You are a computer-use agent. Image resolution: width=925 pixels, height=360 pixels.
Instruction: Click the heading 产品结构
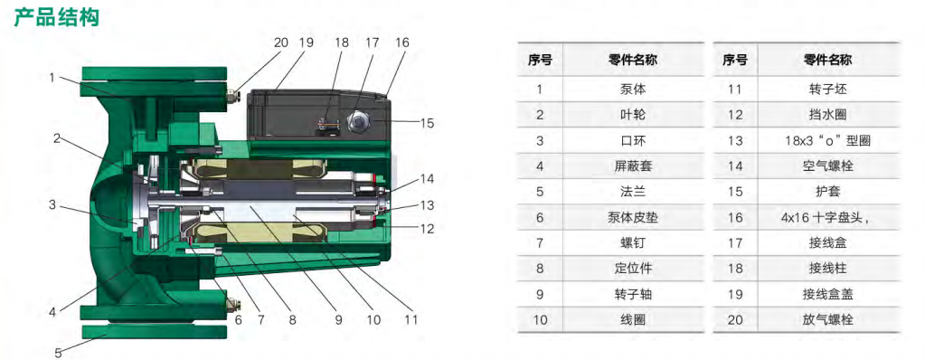point(57,17)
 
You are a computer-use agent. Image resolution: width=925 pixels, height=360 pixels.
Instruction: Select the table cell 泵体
point(633,90)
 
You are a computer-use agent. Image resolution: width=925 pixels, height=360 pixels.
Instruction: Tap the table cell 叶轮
point(633,115)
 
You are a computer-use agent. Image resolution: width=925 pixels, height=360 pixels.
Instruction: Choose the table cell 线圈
point(633,320)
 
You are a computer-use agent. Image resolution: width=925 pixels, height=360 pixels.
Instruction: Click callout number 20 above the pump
point(281,43)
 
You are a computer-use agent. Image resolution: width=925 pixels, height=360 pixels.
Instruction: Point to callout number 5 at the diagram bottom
point(58,353)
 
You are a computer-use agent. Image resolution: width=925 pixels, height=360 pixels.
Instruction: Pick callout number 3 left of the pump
point(52,204)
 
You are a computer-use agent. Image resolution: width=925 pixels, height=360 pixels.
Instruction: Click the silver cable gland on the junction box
point(357,122)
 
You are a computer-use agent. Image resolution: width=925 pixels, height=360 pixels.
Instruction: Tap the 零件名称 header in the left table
point(633,60)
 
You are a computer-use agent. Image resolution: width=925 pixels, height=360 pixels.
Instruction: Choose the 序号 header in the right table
point(735,60)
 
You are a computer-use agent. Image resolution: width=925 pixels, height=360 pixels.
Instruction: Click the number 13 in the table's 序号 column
point(735,140)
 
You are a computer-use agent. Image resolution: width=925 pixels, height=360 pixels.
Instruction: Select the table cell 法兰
point(633,192)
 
